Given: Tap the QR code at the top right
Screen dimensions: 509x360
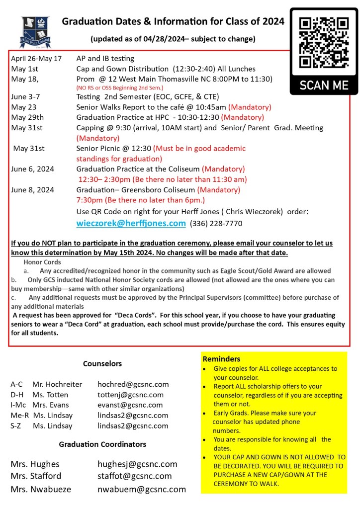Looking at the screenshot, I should [324, 42].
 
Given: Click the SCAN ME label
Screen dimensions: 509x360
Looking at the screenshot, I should [324, 85].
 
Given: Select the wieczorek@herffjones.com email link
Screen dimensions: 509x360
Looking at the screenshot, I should [131, 224].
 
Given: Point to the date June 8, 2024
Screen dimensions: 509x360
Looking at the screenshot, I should [33, 190].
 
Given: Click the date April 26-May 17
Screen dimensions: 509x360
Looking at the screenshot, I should [36, 59].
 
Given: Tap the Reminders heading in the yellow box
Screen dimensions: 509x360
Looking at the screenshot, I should [221, 359].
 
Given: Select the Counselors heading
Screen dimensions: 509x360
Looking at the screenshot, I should [102, 363].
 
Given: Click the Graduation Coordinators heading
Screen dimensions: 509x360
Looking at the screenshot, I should [102, 444].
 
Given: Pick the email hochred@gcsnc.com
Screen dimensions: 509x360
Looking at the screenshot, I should [133, 384].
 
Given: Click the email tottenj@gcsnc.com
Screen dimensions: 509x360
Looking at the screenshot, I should [130, 395].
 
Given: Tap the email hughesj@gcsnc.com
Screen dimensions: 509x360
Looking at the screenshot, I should [137, 464].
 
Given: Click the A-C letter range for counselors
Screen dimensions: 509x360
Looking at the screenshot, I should [16, 384].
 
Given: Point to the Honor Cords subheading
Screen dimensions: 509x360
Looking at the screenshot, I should [42, 262].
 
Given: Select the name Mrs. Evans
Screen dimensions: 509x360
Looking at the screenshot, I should [48, 405].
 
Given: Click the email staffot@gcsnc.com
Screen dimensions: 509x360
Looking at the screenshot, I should [134, 476].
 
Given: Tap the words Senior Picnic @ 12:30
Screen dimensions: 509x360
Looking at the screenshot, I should [113, 148].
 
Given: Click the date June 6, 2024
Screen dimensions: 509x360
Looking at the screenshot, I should [33, 169].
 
